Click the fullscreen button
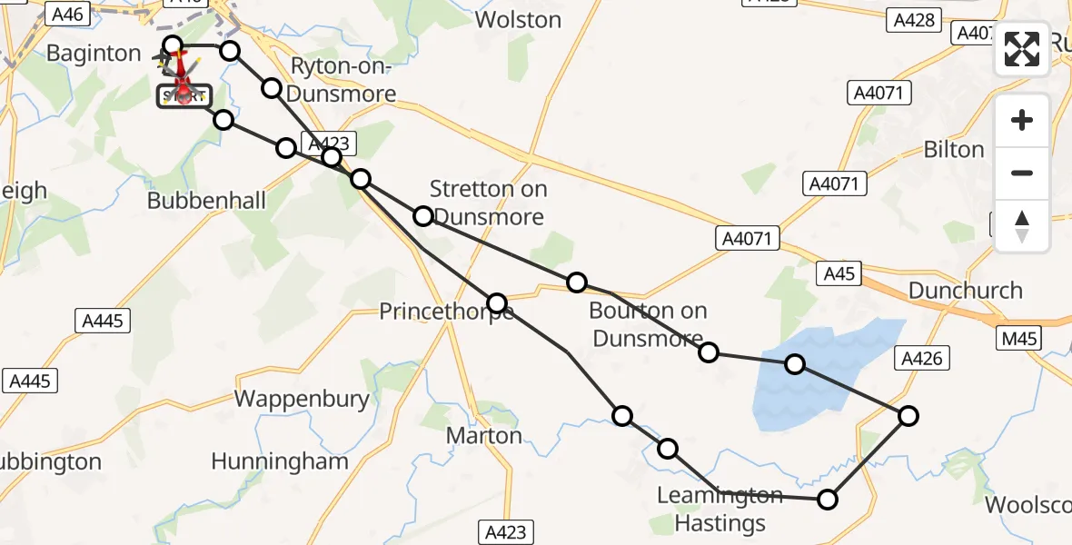coord(1022,49)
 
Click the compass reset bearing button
coord(1022,226)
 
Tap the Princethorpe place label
coord(445,312)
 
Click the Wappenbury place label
coord(302,399)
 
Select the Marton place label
coord(484,436)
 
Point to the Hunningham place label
coord(280,461)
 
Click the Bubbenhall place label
coord(207,200)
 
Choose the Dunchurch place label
coord(966,291)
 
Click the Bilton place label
coord(954,150)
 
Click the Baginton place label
coord(94,54)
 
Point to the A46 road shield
coord(68,14)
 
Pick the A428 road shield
coord(914,19)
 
